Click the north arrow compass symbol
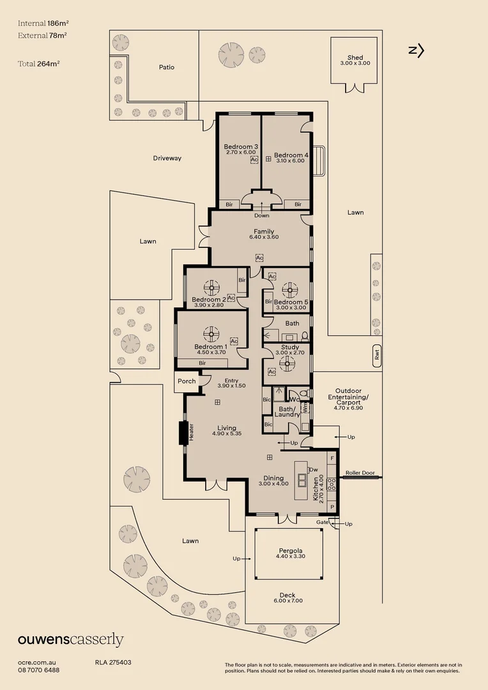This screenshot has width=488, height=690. point(416,50)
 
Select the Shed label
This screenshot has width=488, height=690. point(355,57)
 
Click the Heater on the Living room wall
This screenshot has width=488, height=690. point(183,433)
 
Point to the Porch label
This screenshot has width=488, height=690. point(187,381)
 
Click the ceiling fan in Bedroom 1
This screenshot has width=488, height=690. point(211,332)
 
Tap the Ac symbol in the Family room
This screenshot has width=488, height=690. point(259,257)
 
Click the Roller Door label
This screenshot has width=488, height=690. point(358,473)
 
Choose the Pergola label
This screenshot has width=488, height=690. point(290,550)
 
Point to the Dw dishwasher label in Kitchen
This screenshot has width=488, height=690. point(314,470)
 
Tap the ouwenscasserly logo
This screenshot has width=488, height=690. point(70,640)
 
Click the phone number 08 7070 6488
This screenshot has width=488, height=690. point(39,670)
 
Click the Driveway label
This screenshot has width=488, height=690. point(167,158)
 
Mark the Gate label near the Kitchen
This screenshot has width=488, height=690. point(323,522)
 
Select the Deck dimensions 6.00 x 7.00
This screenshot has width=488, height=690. point(287,601)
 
